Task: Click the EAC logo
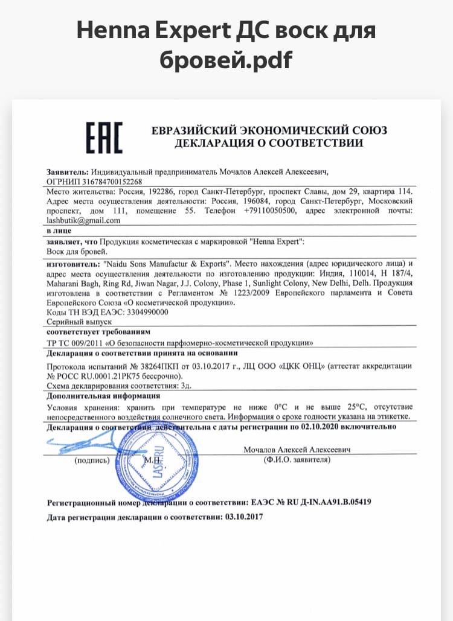pyautogui.click(x=103, y=137)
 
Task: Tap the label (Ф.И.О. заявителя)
pyautogui.click(x=297, y=460)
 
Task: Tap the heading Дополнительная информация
pyautogui.click(x=103, y=396)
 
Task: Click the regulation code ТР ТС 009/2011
pyautogui.click(x=73, y=342)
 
